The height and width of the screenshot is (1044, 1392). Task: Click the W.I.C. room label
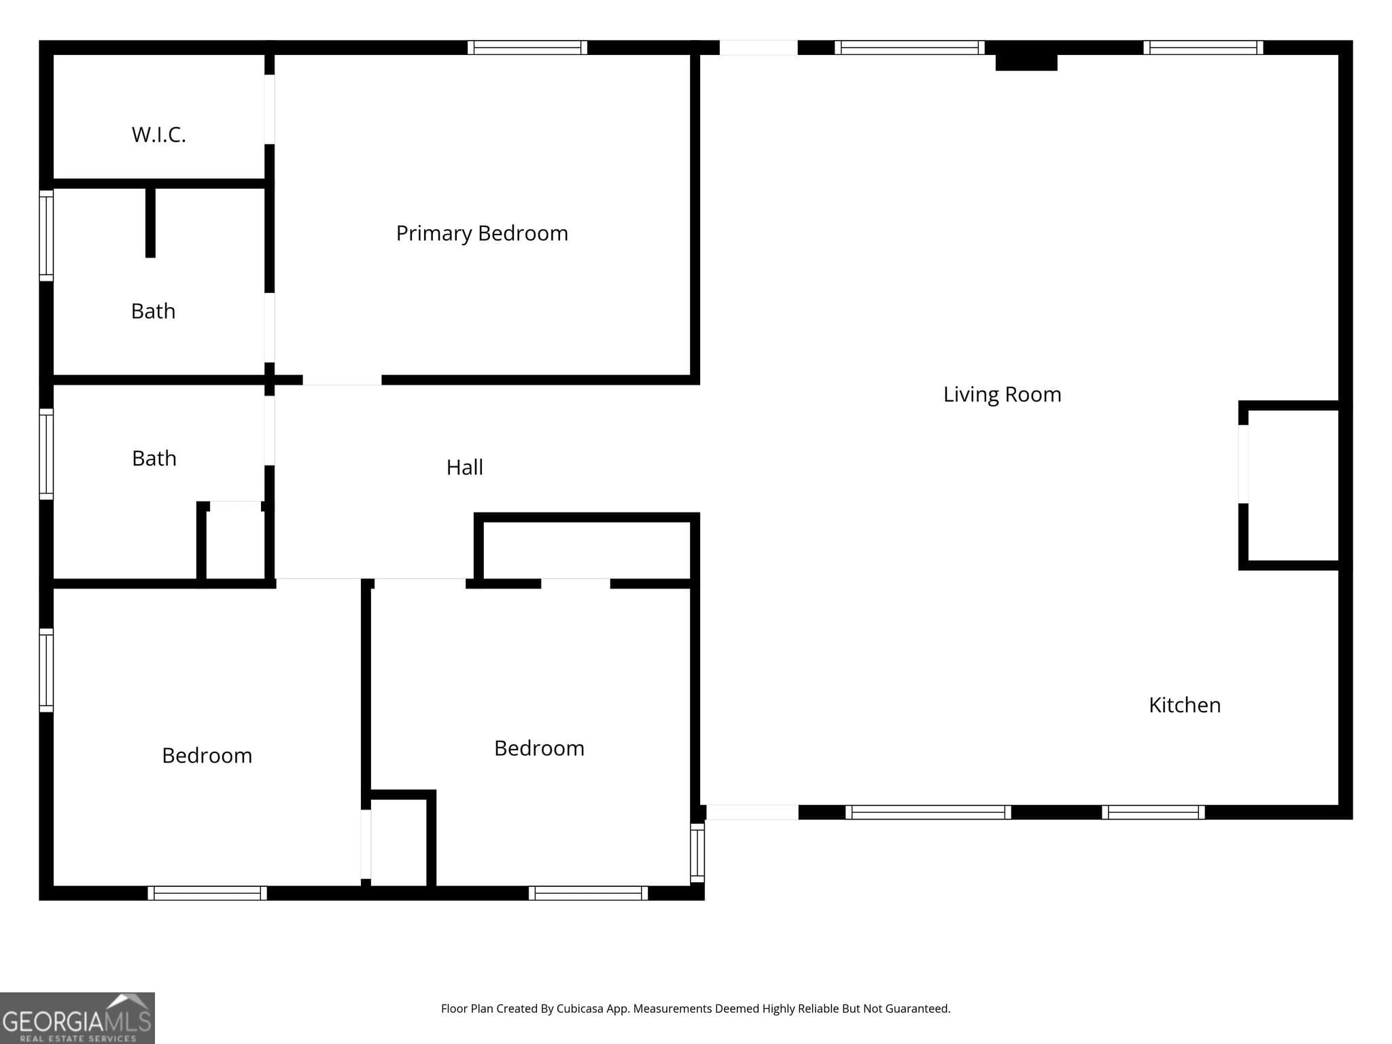(158, 135)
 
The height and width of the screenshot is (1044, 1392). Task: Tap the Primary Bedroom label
(482, 233)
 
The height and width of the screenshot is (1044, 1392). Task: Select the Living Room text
(1002, 394)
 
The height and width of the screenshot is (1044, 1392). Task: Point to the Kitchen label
(1185, 705)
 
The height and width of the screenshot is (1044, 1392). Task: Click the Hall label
(465, 467)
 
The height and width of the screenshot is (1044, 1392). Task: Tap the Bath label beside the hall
(154, 458)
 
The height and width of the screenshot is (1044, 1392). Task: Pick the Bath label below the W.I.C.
(153, 311)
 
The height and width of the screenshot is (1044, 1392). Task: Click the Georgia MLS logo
(77, 1017)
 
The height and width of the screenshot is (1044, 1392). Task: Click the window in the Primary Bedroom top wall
(527, 48)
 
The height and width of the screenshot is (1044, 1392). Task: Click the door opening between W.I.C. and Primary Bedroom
(269, 109)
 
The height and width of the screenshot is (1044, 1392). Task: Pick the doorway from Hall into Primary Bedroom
(342, 380)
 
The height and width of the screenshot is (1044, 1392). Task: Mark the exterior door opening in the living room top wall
(759, 48)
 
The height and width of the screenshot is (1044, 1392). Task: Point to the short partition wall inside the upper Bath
(151, 222)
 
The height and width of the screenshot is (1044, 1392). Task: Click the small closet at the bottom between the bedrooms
(398, 843)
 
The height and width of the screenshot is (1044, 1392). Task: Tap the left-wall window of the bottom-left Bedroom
(46, 670)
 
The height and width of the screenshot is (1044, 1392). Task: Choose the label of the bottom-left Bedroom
(207, 755)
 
